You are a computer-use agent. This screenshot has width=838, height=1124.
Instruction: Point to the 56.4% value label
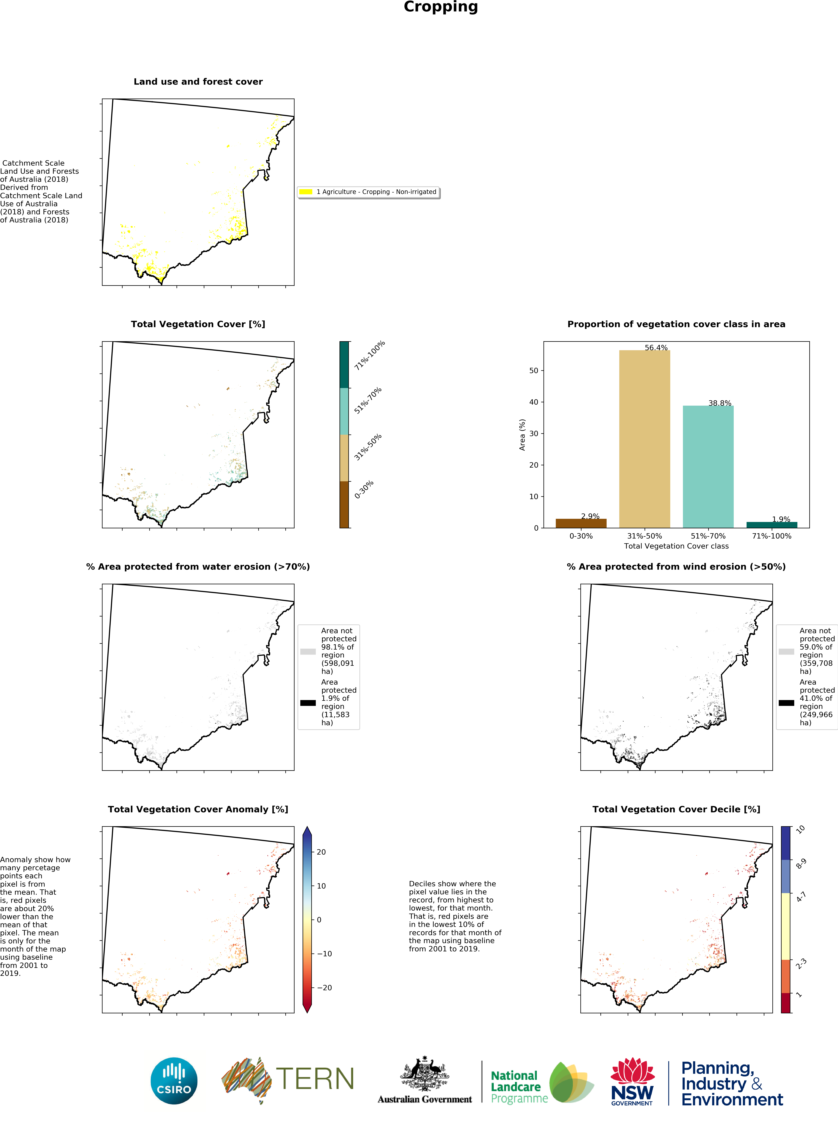656,348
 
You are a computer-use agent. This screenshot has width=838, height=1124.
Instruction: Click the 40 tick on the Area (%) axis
534,402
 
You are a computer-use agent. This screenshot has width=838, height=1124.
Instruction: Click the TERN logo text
315,1079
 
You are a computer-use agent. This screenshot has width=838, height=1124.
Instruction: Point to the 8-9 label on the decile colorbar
801,864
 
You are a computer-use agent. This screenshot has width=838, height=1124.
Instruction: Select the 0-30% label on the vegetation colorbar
364,489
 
